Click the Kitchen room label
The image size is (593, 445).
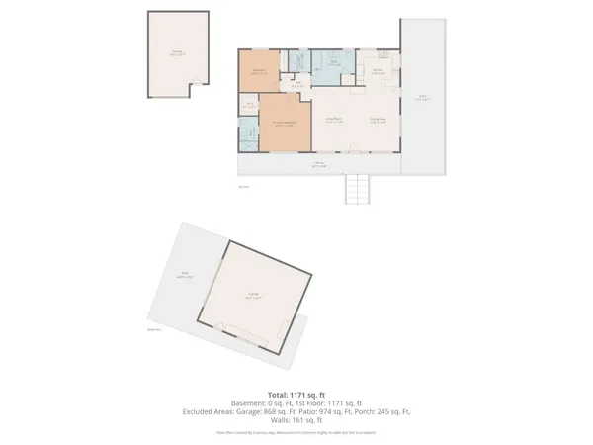tap(379, 71)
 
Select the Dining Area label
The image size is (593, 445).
tap(378, 121)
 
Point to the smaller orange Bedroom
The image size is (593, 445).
tap(259, 72)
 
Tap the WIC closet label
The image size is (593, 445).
tap(250, 106)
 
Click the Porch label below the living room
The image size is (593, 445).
tap(319, 165)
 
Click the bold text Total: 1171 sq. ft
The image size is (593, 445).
tap(296, 394)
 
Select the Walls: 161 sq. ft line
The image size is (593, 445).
tap(296, 419)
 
